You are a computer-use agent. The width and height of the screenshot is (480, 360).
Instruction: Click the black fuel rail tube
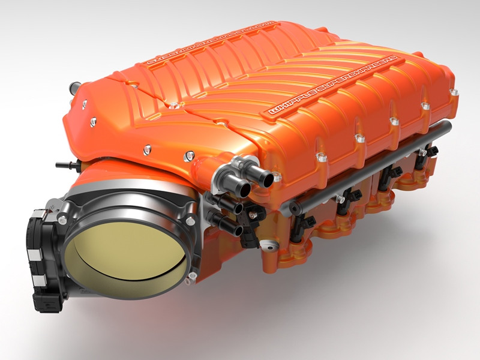pyautogui.click(x=372, y=169)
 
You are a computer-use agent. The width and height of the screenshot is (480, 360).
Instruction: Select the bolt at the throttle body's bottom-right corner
pyautogui.click(x=191, y=277)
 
